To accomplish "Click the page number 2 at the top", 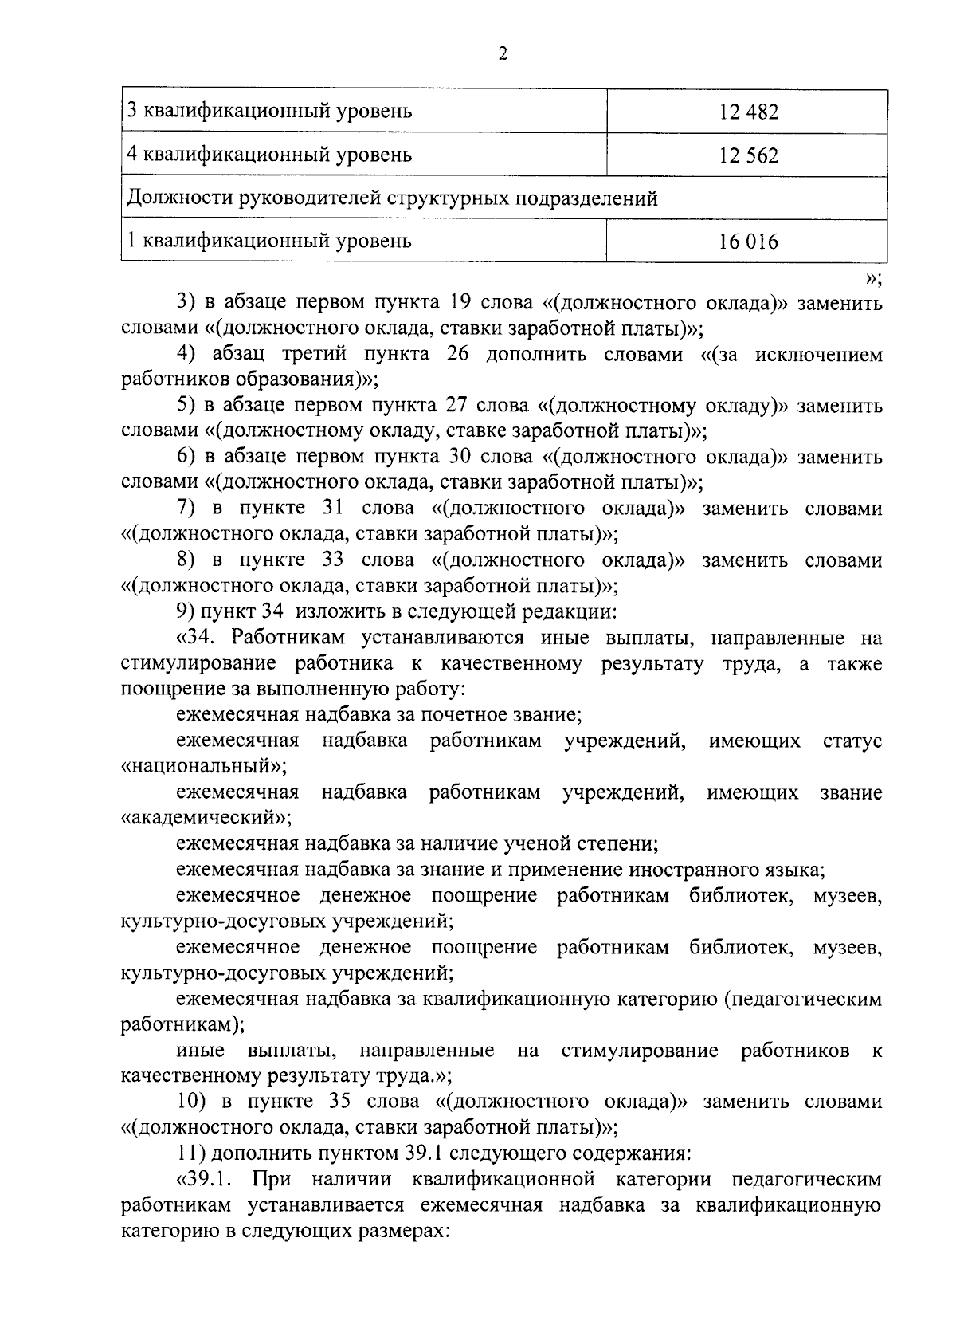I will coord(502,54).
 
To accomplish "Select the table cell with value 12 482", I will coord(747,112).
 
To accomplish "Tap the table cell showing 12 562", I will coord(747,155).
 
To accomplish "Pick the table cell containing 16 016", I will coord(747,241).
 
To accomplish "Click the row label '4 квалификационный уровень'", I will coord(270,155).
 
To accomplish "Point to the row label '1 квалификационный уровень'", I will coord(268,241).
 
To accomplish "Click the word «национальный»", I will coord(203,767).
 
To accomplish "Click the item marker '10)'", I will coord(193,1102).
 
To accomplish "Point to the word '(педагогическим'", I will coord(803,999).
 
